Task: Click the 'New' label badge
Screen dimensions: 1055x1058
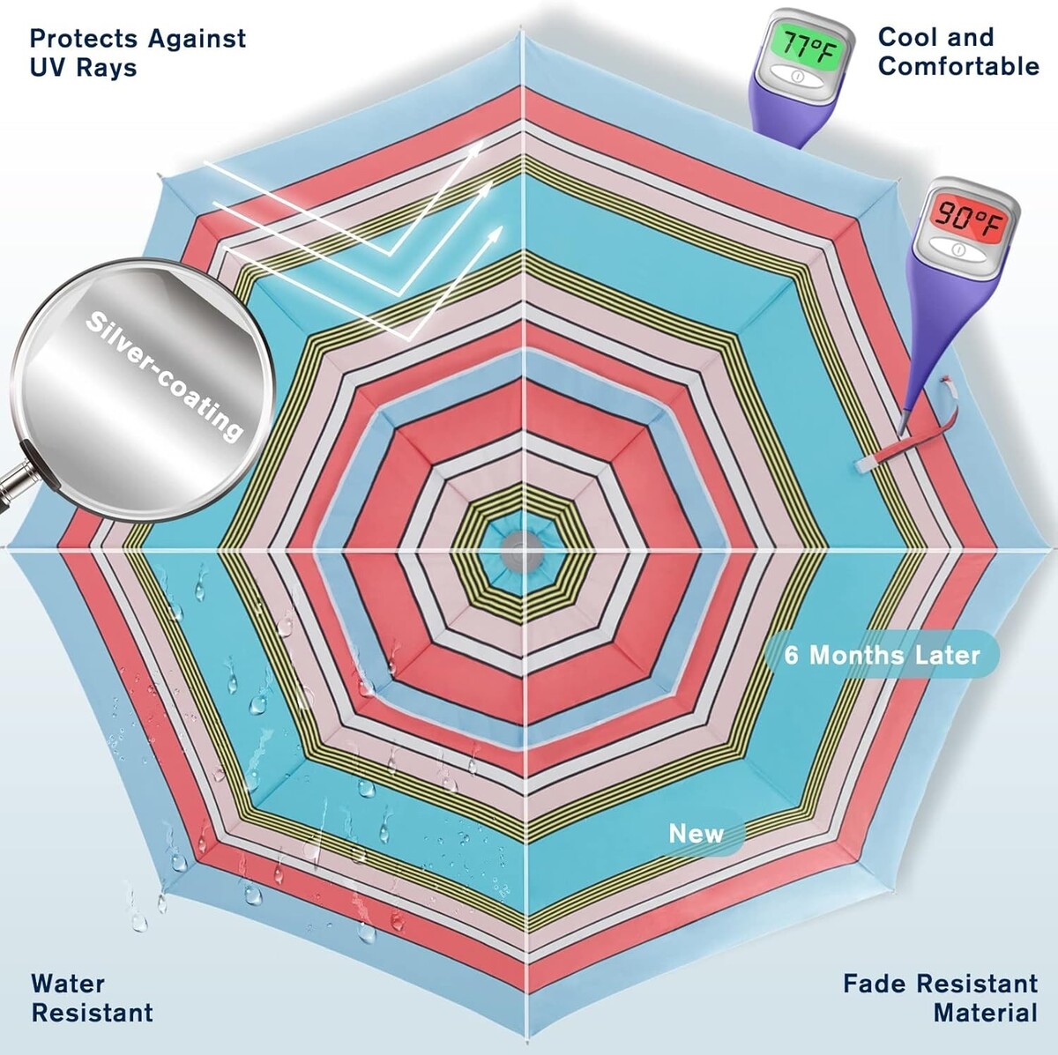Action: [696, 834]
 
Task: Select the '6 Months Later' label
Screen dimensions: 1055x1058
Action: [882, 655]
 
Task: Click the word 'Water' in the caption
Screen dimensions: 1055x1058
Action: [68, 983]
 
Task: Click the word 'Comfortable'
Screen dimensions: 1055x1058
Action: [958, 66]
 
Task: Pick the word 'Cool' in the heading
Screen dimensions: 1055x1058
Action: [908, 37]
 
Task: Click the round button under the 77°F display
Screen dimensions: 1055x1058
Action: [796, 77]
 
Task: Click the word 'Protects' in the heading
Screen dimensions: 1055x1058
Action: [83, 38]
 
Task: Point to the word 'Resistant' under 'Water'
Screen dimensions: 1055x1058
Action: [92, 1012]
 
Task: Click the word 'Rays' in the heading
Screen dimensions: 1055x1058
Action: [108, 68]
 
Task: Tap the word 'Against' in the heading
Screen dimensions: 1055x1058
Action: [197, 38]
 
